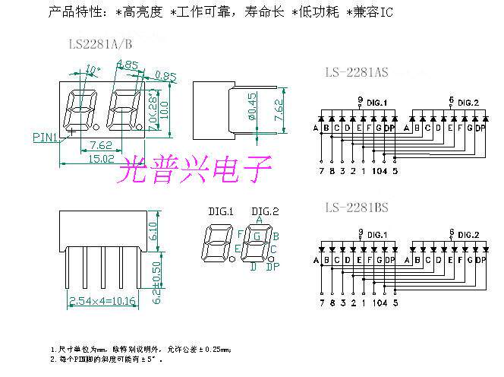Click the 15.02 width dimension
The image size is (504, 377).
click(x=102, y=158)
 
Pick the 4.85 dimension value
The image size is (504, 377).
click(x=128, y=65)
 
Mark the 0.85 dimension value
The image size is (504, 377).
click(x=165, y=74)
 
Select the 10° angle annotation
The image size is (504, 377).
click(x=93, y=70)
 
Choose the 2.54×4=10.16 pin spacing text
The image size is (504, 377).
click(x=102, y=301)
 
